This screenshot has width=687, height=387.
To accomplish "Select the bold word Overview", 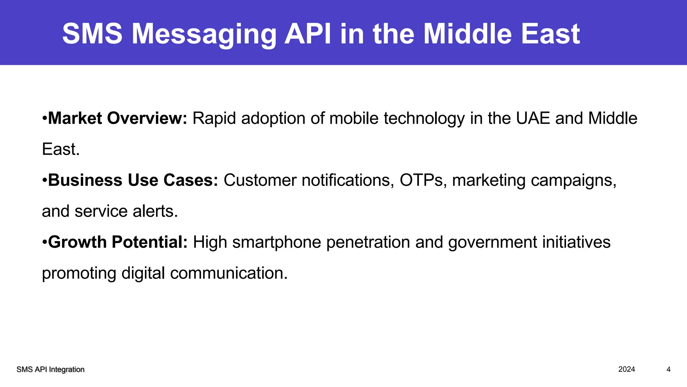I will pyautogui.click(x=147, y=118).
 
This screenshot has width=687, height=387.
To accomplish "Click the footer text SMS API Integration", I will pyautogui.click(x=50, y=370).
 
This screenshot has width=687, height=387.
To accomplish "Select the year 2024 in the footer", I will pyautogui.click(x=627, y=370).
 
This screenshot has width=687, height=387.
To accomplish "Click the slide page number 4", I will pyautogui.click(x=669, y=370).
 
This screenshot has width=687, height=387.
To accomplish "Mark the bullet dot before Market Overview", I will pyautogui.click(x=45, y=119).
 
